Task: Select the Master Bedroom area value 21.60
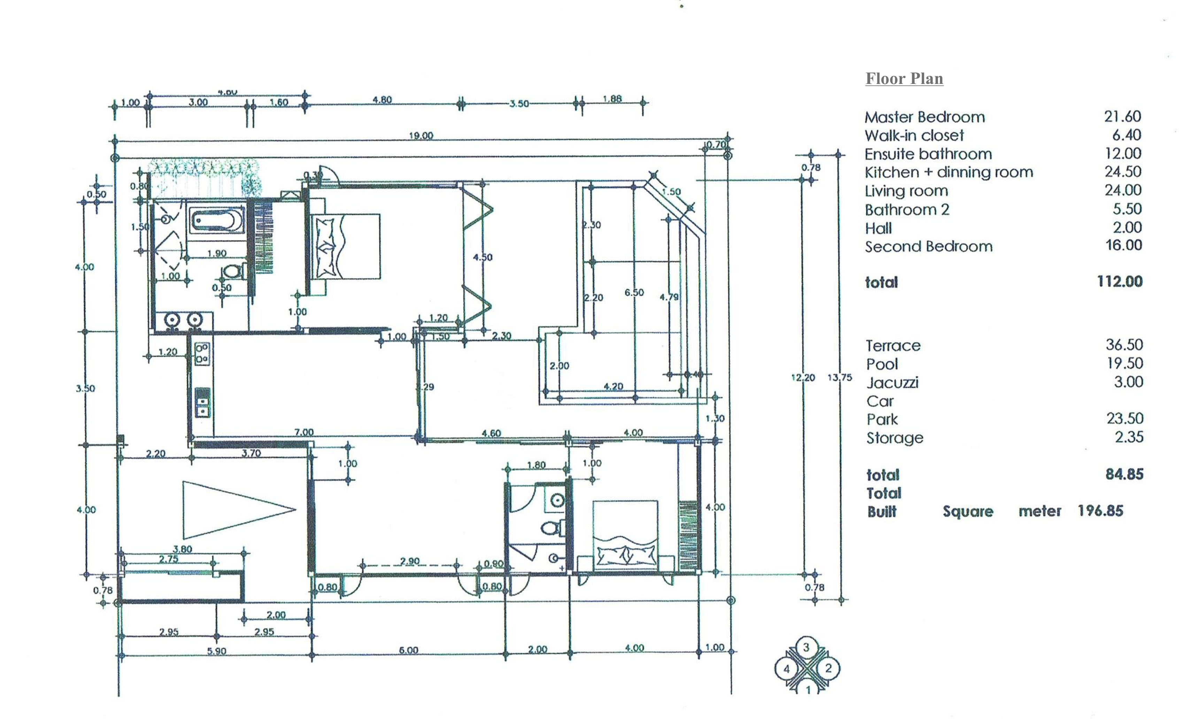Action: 1122,116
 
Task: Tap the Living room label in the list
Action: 906,191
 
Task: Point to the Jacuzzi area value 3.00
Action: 1128,382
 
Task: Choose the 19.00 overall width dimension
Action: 421,136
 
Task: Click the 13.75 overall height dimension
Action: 840,377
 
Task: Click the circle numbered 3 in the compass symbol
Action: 806,647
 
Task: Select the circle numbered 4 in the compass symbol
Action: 786,669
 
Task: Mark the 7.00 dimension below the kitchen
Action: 303,432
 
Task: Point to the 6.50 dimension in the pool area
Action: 634,292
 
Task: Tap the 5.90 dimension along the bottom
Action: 217,651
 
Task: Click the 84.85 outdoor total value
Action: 1124,474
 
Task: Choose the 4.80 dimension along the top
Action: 382,100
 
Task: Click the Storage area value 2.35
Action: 1129,437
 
